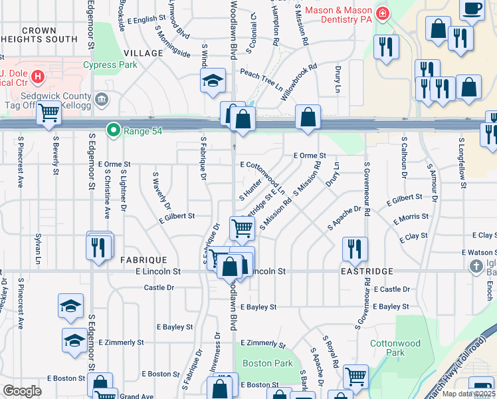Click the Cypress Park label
[110, 65]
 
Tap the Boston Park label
[268, 364]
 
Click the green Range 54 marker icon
[114, 130]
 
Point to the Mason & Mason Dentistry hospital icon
[383, 13]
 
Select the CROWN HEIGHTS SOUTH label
[49, 35]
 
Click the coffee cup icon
[472, 9]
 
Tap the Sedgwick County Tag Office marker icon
[101, 100]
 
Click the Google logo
[22, 391]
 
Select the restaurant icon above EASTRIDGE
[355, 248]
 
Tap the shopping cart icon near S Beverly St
[49, 114]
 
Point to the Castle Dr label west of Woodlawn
[159, 287]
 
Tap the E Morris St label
[411, 218]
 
